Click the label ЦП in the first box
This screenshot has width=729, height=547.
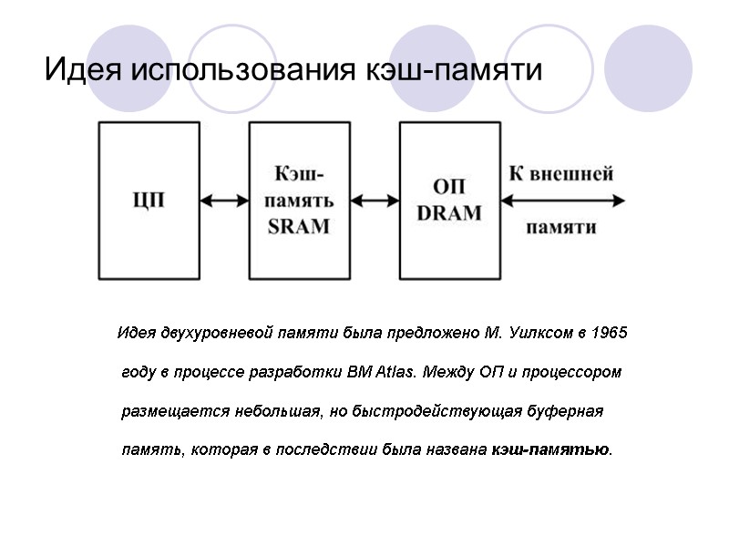(x=149, y=199)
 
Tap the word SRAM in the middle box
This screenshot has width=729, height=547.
(x=299, y=227)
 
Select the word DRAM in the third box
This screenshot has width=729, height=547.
(x=448, y=212)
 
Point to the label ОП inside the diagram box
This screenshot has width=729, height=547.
(x=448, y=186)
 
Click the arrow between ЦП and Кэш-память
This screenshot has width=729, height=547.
(x=224, y=200)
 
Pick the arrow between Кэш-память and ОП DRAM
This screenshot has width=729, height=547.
(x=374, y=200)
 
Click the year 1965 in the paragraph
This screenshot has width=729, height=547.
(x=609, y=333)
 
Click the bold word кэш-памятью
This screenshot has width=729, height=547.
(x=551, y=450)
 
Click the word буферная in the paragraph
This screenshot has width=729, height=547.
(x=566, y=411)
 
